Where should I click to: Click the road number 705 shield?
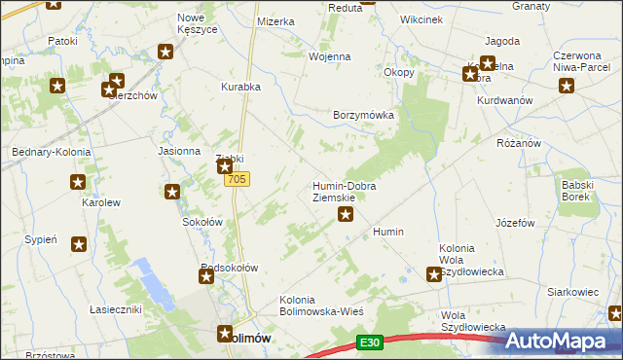237,180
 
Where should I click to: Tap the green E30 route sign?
368,342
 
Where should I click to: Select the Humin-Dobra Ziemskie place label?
344,192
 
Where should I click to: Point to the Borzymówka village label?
363,115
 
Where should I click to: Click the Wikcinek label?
421,18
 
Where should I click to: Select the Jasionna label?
179,152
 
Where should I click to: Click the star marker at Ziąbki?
224,167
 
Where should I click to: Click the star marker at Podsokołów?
207,277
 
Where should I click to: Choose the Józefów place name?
515,223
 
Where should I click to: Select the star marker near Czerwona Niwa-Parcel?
567,86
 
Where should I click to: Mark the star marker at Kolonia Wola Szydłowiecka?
434,275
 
